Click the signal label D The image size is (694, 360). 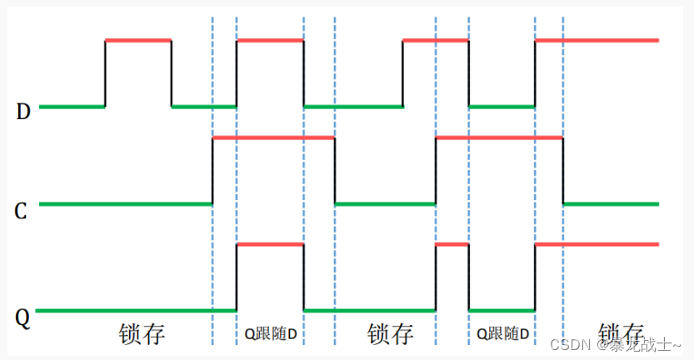tap(23, 112)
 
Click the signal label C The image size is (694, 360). tap(22, 211)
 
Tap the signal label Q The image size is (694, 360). tap(23, 317)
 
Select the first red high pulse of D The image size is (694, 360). tap(138, 40)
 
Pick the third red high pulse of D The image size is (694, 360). tap(436, 40)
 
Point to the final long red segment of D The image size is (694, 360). tap(597, 40)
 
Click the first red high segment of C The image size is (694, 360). tap(274, 137)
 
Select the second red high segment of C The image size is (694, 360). tap(499, 137)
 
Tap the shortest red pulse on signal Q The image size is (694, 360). tap(452, 244)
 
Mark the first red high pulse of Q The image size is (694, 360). tap(270, 244)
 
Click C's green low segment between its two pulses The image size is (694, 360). tap(385, 203)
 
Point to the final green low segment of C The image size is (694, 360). tap(611, 203)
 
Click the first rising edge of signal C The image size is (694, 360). tap(212, 170)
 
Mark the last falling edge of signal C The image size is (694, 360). tap(564, 170)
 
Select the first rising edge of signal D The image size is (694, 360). tap(105, 73)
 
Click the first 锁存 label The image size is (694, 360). tap(142, 334)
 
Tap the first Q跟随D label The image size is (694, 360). tap(270, 334)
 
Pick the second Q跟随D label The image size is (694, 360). tap(502, 334)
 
